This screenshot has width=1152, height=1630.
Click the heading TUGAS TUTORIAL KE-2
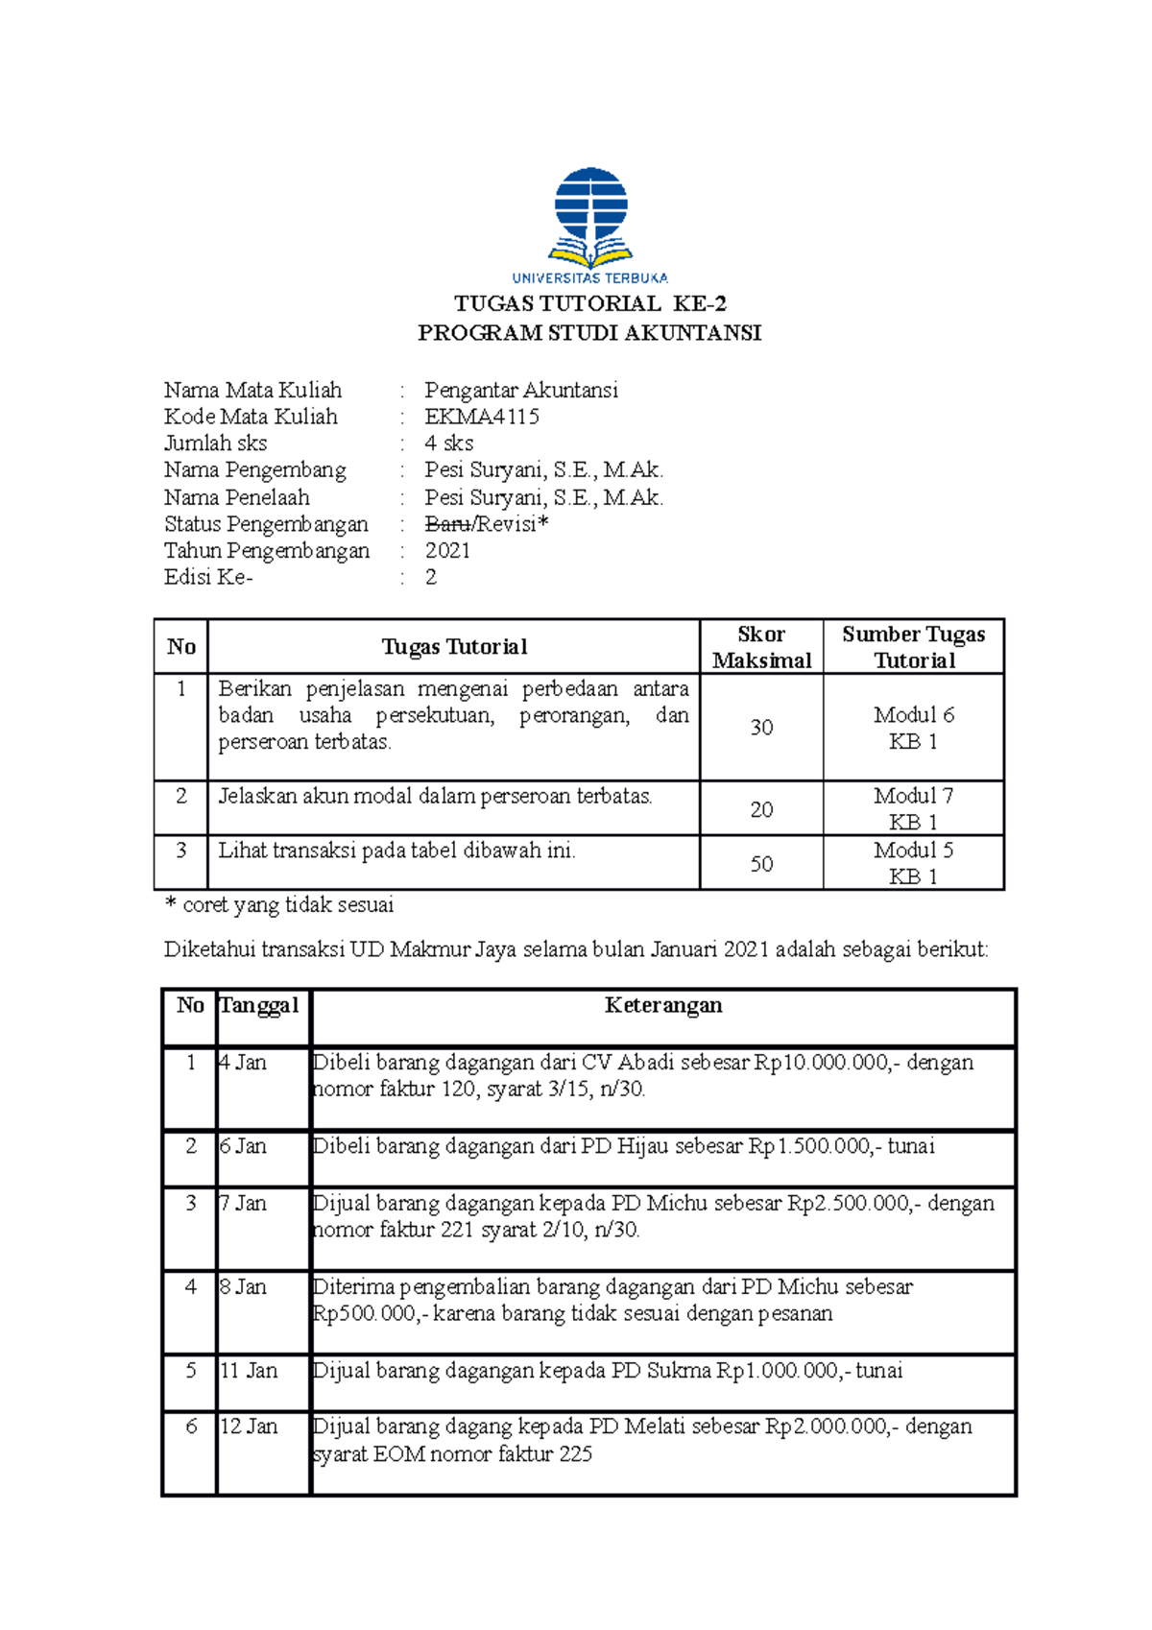tap(589, 304)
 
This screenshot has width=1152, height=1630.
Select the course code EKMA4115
tap(482, 417)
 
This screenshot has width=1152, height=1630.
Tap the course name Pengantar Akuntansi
tap(521, 390)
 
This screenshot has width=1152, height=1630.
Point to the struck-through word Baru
tap(447, 524)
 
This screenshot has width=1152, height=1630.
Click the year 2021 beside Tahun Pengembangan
tap(447, 551)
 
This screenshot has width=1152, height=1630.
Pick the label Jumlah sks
tap(215, 443)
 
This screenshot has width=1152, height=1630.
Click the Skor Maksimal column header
tap(761, 647)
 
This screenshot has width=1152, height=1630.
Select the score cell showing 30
tap(761, 728)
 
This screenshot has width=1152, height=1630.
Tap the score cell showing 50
tap(761, 864)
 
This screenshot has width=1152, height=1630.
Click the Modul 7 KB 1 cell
tap(913, 808)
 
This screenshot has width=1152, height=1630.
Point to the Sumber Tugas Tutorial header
tap(913, 647)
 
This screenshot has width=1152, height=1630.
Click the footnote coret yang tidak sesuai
tap(287, 905)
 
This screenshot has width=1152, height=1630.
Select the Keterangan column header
tap(663, 1005)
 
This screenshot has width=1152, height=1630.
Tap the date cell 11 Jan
tap(249, 1371)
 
